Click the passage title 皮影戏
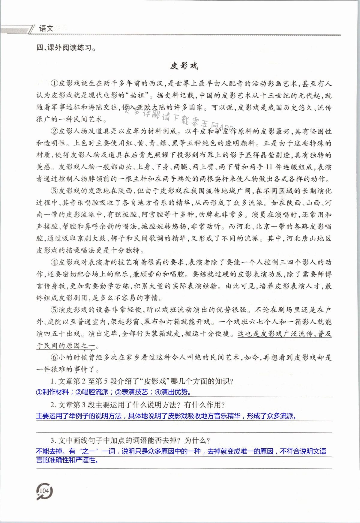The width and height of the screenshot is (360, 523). click(184, 66)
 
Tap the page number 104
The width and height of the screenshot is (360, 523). click(44, 491)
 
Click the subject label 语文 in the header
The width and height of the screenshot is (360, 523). click(46, 28)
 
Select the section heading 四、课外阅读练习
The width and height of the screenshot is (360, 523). click(66, 47)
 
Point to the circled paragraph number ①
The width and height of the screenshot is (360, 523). click(54, 83)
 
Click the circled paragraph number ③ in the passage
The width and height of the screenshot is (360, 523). click(54, 191)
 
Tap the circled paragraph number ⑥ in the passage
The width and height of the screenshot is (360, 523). click(54, 357)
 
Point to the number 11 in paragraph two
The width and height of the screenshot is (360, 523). click(269, 167)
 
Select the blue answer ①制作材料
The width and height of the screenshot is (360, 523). click(52, 392)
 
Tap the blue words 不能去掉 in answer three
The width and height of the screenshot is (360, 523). click(49, 451)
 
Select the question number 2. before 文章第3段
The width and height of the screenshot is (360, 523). click(53, 405)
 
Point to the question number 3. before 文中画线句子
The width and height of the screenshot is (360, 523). click(53, 441)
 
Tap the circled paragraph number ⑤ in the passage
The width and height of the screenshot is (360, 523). click(54, 310)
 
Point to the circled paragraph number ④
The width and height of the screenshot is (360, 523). click(54, 262)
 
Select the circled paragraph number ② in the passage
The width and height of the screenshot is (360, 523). click(54, 131)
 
